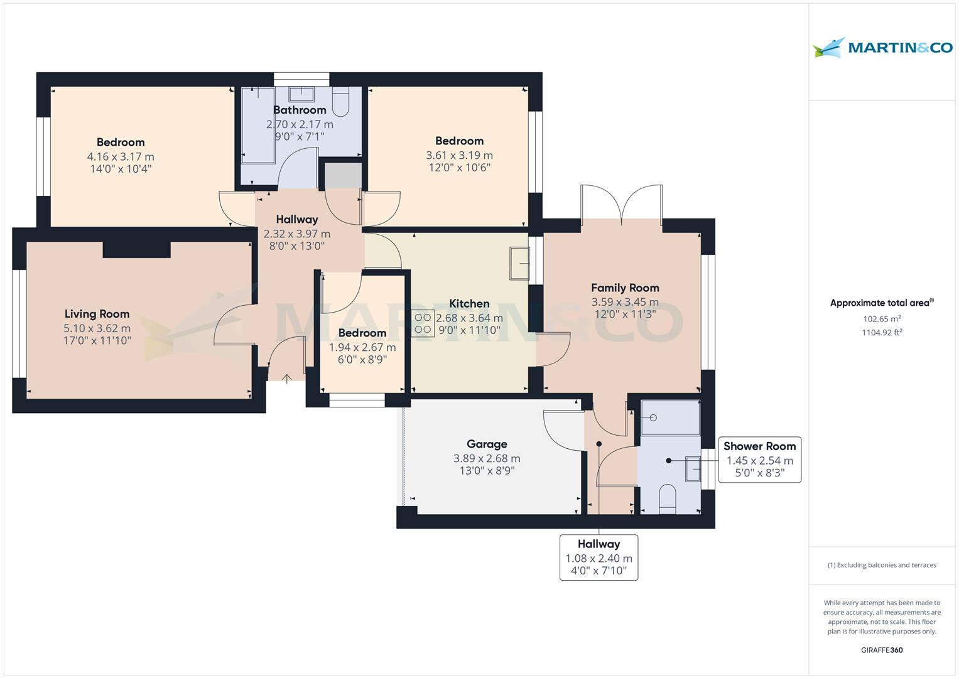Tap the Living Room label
pos(97,314)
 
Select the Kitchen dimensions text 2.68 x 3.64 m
pos(469,318)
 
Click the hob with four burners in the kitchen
pos(423,323)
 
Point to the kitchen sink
pos(520,263)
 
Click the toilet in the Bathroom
pos(340,102)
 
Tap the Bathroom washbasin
pos(301,94)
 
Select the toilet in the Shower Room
pos(668,498)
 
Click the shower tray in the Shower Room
pos(670,417)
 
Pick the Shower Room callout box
pos(759,460)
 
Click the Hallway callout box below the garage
pos(599,557)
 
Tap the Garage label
pos(487,444)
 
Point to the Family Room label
pos(625,288)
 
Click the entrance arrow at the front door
pos(287,379)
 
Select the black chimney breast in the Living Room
pos(136,249)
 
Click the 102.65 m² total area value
pos(882,319)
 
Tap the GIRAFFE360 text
pos(882,650)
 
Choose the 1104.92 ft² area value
pos(882,333)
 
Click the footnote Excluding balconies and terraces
pos(882,565)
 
